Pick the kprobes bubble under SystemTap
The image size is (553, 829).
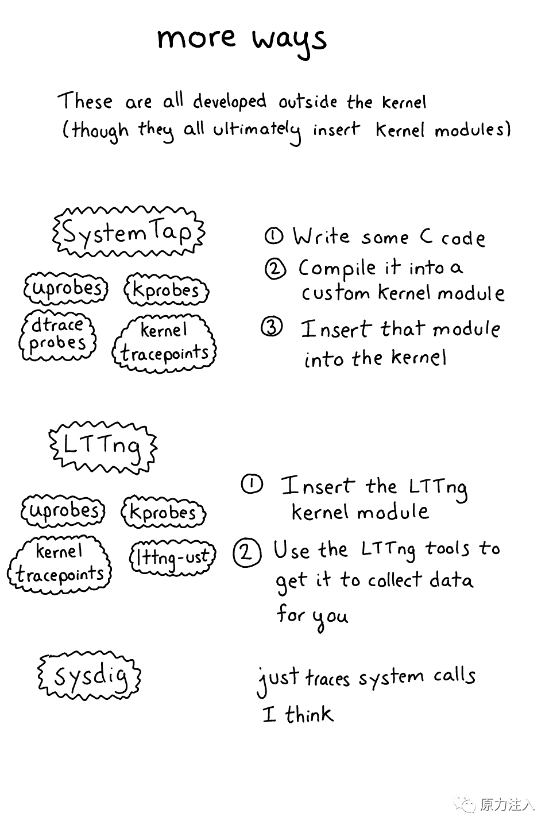[166, 290]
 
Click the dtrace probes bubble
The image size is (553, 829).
[57, 335]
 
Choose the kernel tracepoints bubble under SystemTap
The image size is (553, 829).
[164, 342]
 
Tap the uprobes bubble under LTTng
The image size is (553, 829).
[63, 510]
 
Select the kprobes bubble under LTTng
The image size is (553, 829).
[164, 512]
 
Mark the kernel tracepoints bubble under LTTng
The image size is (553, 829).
[59, 564]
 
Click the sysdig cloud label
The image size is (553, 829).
[90, 676]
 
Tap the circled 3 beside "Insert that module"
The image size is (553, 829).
[272, 327]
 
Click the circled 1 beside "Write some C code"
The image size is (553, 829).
[274, 236]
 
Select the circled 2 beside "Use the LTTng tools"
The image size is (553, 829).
[247, 552]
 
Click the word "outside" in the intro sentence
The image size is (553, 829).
[308, 102]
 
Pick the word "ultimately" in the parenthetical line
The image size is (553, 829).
[257, 130]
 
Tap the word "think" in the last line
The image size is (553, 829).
[309, 715]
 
